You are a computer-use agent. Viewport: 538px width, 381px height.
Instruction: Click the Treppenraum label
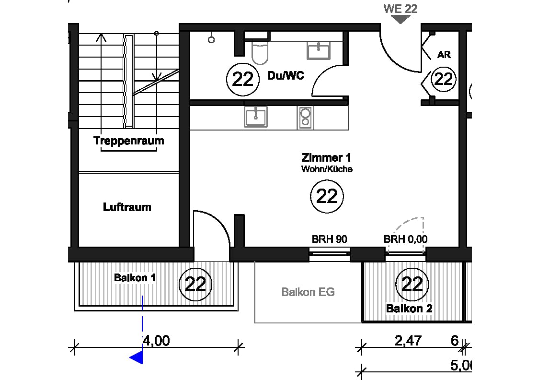[x=129, y=141]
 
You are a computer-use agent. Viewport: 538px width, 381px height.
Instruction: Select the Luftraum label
[x=127, y=207]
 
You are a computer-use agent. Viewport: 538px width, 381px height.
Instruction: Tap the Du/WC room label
[x=286, y=76]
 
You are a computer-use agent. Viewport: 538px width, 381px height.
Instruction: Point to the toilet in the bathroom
[x=260, y=53]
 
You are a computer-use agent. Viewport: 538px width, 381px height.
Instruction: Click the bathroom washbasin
[x=319, y=51]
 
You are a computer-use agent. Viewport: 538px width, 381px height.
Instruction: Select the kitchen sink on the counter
[x=256, y=117]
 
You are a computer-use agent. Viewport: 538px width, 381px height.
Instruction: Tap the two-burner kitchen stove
[x=305, y=117]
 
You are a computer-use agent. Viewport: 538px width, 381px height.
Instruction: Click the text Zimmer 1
[x=326, y=158]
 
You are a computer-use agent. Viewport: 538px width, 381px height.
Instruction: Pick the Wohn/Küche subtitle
[x=327, y=169]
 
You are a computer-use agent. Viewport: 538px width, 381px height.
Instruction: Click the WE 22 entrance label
[x=401, y=9]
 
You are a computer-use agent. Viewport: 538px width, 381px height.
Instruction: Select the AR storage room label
[x=444, y=55]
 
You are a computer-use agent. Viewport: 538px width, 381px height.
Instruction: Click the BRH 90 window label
[x=330, y=239]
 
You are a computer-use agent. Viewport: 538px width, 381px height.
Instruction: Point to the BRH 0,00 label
[x=406, y=239]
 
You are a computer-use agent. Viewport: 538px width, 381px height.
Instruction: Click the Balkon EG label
[x=308, y=292]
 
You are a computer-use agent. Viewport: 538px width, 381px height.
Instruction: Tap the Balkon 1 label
[x=135, y=277]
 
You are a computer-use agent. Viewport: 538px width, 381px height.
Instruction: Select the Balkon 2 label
[x=409, y=309]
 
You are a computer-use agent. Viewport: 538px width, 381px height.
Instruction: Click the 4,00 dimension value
[x=157, y=341]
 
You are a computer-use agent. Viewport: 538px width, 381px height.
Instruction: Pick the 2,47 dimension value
[x=408, y=341]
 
